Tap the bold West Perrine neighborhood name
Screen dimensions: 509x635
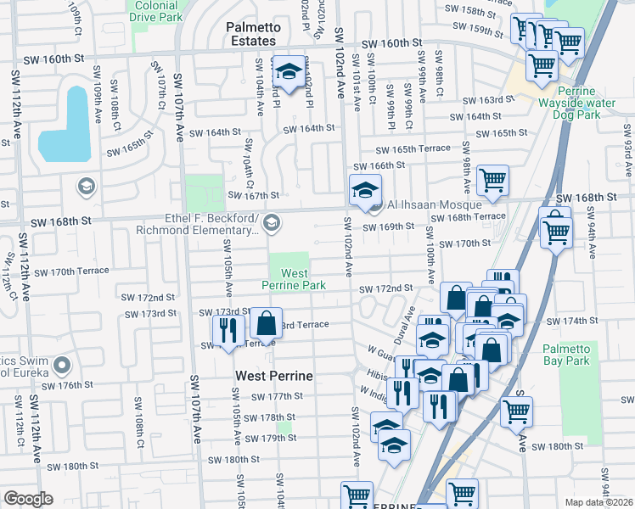point(274,375)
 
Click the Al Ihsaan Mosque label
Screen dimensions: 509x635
point(434,205)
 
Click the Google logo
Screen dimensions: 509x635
point(28,499)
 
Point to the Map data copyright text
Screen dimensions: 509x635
point(599,502)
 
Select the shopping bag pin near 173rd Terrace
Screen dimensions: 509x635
point(267,325)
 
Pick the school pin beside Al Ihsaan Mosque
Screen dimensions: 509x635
point(366,191)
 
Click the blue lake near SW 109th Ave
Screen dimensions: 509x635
point(65,125)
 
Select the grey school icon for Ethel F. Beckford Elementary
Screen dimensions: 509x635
point(271,223)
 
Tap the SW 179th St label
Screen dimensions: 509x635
point(270,438)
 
